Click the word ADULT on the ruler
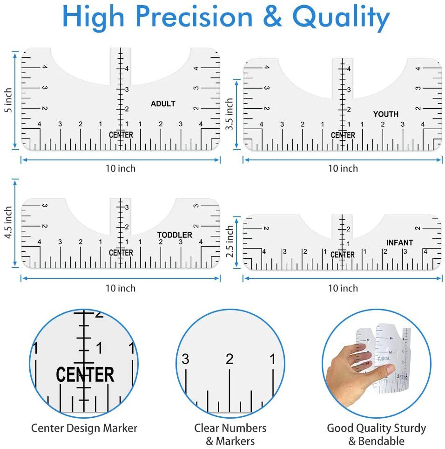click(x=163, y=104)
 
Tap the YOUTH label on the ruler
click(x=385, y=114)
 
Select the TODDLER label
click(x=175, y=235)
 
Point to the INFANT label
click(x=399, y=242)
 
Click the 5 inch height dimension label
click(x=8, y=100)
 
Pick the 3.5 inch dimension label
click(x=229, y=114)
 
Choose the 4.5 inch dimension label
click(x=8, y=222)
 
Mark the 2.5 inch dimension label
click(x=229, y=241)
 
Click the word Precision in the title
click(x=194, y=17)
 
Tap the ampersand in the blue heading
click(x=272, y=17)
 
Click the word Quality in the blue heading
click(x=341, y=18)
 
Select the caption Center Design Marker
click(x=84, y=428)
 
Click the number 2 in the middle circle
click(x=229, y=359)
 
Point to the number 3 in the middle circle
click(x=185, y=359)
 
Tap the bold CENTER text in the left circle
click(x=85, y=374)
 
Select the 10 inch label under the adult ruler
click(x=120, y=168)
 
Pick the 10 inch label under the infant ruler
click(x=343, y=288)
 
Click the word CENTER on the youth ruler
click(x=343, y=135)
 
